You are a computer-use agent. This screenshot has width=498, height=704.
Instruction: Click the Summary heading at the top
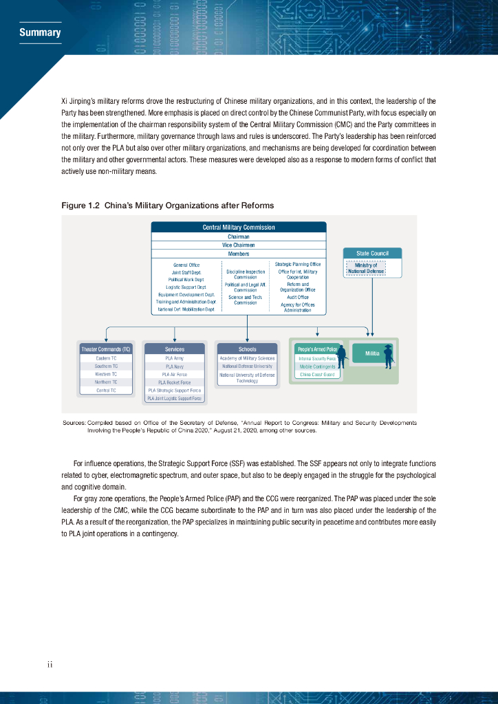pos(40,32)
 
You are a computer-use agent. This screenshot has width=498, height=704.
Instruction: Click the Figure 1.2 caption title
pos(167,206)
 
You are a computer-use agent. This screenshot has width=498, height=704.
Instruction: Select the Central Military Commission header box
pos(239,228)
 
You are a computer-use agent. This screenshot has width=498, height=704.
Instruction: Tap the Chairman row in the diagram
pos(239,236)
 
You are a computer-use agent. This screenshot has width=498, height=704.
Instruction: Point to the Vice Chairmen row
pos(239,245)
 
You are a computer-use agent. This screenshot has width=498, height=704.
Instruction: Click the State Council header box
pos(372,253)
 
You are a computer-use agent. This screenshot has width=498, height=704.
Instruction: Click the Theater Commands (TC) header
pos(106,349)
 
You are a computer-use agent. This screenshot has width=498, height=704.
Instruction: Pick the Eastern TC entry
pos(106,358)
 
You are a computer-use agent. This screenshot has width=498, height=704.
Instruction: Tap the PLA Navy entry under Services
pos(174,366)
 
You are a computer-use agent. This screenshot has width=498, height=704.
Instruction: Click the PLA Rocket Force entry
pos(174,382)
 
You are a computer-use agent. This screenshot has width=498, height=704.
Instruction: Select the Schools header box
pos(247,349)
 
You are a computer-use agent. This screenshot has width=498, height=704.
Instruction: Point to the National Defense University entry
pos(247,366)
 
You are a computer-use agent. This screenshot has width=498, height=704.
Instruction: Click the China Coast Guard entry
pos(317,375)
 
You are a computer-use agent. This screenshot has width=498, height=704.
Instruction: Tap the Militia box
pos(372,353)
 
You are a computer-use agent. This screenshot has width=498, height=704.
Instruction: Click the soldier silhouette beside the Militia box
pos(389,355)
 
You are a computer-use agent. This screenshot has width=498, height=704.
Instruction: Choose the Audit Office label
pos(298,298)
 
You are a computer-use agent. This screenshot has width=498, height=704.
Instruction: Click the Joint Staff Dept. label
pos(186,272)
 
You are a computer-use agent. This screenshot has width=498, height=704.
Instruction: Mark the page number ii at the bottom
pos(50,664)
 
